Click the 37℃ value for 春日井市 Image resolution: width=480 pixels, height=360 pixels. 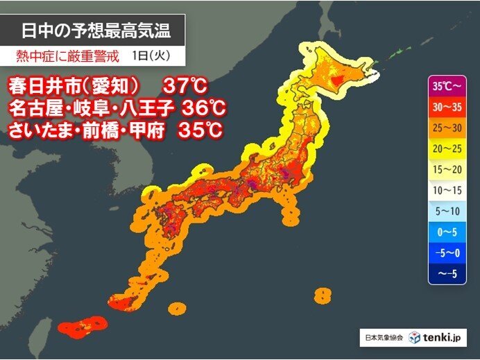pos(185,87)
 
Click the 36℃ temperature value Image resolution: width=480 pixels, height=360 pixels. pos(205,108)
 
